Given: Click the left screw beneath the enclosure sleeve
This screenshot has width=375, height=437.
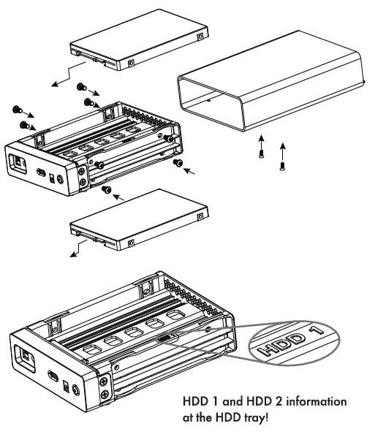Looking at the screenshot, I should click(x=260, y=153).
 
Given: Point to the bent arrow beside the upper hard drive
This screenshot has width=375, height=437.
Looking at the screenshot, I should click(x=63, y=75).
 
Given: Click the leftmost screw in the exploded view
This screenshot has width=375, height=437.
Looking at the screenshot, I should click(x=15, y=110).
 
